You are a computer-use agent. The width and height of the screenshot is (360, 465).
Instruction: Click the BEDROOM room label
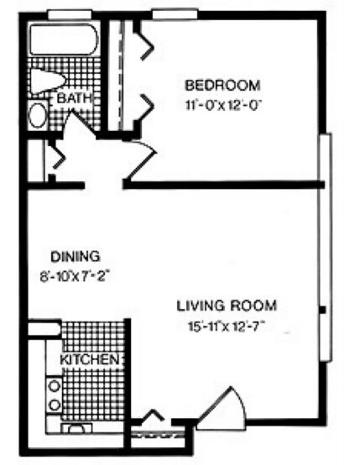click(x=222, y=85)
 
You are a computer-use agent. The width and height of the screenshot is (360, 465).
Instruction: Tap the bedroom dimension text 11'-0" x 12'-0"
click(x=224, y=105)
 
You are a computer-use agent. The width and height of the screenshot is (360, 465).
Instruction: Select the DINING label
click(x=76, y=257)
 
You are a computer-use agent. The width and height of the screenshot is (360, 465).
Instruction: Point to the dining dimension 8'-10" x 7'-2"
click(x=76, y=278)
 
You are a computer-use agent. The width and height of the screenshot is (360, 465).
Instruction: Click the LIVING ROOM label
click(x=227, y=306)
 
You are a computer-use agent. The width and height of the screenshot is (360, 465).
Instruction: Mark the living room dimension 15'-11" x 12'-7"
click(x=227, y=327)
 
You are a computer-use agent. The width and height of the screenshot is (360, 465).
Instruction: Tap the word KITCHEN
click(x=90, y=360)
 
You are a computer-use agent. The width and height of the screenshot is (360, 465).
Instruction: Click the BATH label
click(x=74, y=98)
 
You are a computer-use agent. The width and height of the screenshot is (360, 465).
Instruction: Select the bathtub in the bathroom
click(x=63, y=39)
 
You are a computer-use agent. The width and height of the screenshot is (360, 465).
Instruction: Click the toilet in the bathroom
click(x=47, y=81)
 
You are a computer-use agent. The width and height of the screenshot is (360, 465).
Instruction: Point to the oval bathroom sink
click(x=38, y=115)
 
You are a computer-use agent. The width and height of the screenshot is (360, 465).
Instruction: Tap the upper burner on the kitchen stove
click(x=55, y=385)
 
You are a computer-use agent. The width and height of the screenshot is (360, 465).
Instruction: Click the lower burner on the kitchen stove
click(x=55, y=405)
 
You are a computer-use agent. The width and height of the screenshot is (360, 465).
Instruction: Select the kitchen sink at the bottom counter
click(x=76, y=429)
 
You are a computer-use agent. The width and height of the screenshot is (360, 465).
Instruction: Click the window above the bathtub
click(x=70, y=14)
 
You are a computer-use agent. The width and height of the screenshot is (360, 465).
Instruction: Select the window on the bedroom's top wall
click(x=175, y=14)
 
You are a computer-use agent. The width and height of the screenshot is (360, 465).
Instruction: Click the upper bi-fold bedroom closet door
click(x=145, y=41)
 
